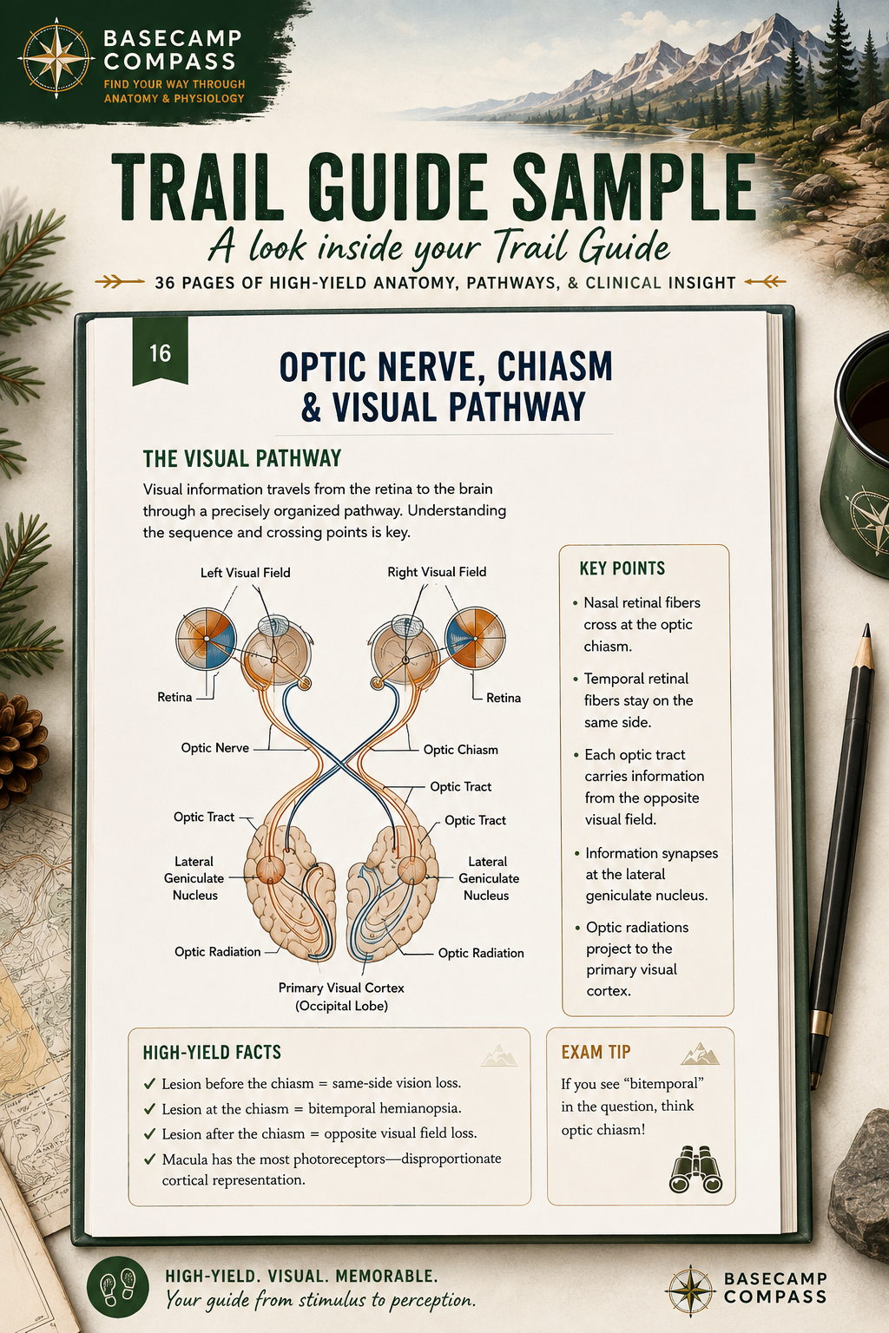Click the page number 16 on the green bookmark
(x=160, y=353)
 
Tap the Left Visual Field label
(x=246, y=573)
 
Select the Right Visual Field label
(x=437, y=572)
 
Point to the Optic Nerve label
(x=215, y=748)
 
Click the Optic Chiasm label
(x=461, y=750)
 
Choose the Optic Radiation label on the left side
(x=217, y=951)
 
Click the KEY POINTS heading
(x=622, y=568)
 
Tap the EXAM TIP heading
(x=596, y=1052)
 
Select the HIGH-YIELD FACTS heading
(x=212, y=1052)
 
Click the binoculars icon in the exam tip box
(x=695, y=1169)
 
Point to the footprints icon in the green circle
(x=118, y=1286)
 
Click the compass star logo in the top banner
(x=56, y=58)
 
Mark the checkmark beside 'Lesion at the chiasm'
(x=150, y=1108)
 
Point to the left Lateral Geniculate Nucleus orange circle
(x=270, y=870)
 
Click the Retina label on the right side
(x=504, y=698)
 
